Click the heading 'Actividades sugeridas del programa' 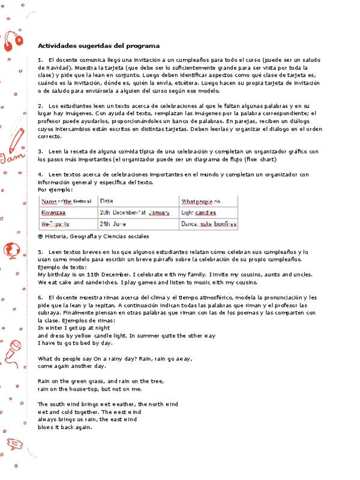(98, 46)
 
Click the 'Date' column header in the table (107, 201)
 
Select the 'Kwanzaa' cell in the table (53, 212)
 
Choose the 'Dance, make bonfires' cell (209, 224)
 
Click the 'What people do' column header (201, 201)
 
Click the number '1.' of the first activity (40, 61)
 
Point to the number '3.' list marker (40, 151)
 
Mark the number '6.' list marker (40, 298)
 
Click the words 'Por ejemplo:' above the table (55, 189)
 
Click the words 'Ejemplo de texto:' (62, 266)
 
